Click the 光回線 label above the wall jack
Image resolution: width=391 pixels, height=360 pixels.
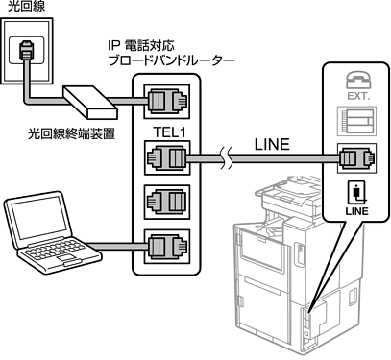(26, 7)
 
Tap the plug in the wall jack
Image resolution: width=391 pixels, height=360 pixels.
(26, 50)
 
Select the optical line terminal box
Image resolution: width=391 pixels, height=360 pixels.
(90, 102)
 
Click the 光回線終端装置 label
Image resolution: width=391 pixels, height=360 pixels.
(71, 133)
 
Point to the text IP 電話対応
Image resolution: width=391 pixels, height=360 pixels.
(141, 46)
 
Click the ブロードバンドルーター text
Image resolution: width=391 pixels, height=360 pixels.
(171, 60)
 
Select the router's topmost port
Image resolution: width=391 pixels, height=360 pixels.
(166, 102)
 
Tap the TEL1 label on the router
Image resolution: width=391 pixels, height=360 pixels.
(170, 132)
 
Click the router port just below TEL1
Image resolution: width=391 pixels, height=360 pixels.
(167, 157)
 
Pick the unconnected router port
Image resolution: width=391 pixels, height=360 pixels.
(167, 202)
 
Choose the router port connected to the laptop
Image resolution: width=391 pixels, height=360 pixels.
(167, 247)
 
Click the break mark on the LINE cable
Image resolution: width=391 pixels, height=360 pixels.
(227, 158)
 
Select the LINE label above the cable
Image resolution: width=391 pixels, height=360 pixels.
(272, 145)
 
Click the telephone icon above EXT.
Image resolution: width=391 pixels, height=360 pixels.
(357, 80)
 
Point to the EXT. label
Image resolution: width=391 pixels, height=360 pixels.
(358, 96)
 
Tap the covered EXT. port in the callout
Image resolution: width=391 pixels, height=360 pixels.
(356, 122)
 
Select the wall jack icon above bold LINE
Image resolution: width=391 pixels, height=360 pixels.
(357, 192)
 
